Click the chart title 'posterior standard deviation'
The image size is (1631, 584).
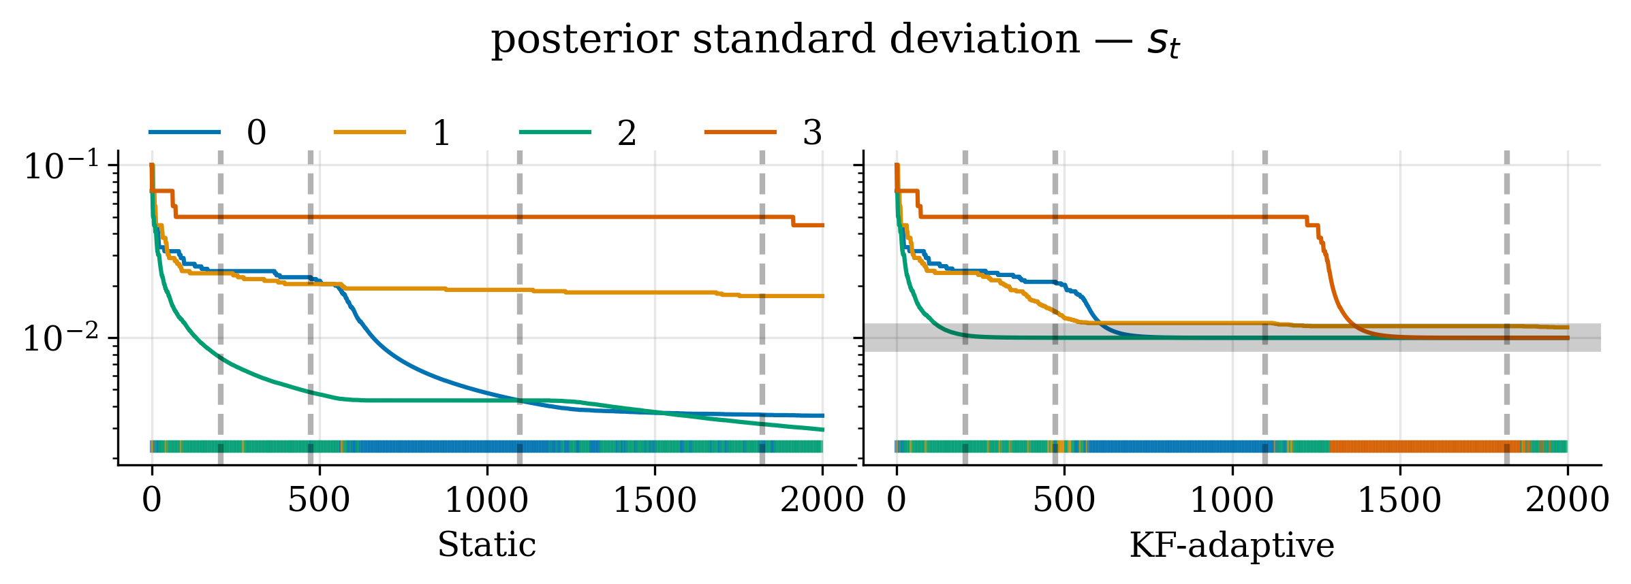click(783, 39)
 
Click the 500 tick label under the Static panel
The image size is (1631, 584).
click(319, 501)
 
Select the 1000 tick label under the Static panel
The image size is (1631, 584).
click(486, 501)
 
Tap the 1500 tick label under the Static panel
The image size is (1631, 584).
click(655, 501)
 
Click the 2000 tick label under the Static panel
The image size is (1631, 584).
click(822, 501)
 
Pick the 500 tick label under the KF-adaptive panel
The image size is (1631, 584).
click(1064, 501)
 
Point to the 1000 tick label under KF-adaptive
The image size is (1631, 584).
click(1232, 501)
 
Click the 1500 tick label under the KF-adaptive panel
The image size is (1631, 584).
click(1400, 501)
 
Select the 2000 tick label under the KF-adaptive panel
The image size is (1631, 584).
click(1567, 501)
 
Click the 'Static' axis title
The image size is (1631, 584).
click(486, 545)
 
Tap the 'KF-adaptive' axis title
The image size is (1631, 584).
click(1232, 545)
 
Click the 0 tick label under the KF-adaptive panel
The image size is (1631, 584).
click(897, 501)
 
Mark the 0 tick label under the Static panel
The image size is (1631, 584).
click(152, 501)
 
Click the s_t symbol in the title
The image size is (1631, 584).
click(1163, 42)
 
